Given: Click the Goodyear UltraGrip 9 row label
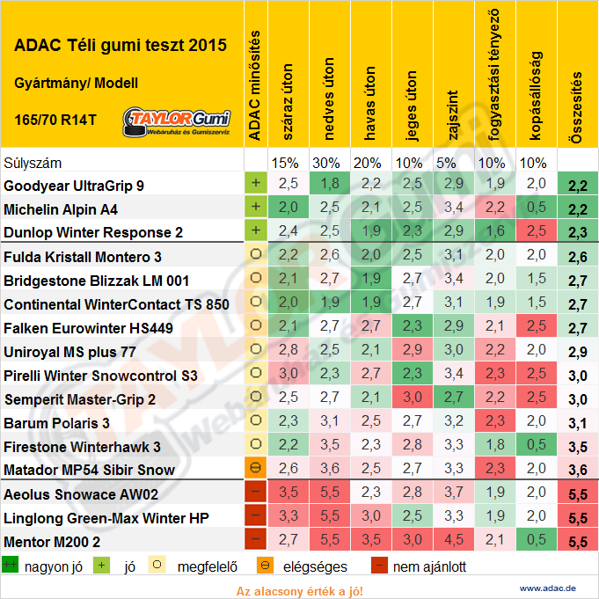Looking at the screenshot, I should click(74, 186).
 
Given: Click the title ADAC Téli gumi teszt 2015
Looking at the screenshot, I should click(121, 46).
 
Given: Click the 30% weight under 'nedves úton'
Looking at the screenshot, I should click(329, 163).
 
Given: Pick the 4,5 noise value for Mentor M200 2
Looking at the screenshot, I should click(453, 541).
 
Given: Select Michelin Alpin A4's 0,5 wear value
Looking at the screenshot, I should click(536, 209).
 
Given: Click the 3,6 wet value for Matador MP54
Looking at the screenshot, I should click(329, 470).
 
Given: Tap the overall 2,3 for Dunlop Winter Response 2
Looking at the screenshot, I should click(577, 233).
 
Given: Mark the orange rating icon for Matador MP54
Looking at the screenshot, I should click(255, 470).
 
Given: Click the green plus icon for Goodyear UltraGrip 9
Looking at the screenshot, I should click(255, 185).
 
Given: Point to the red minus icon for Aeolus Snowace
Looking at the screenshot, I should click(255, 493).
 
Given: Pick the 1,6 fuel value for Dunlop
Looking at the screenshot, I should click(494, 232).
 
